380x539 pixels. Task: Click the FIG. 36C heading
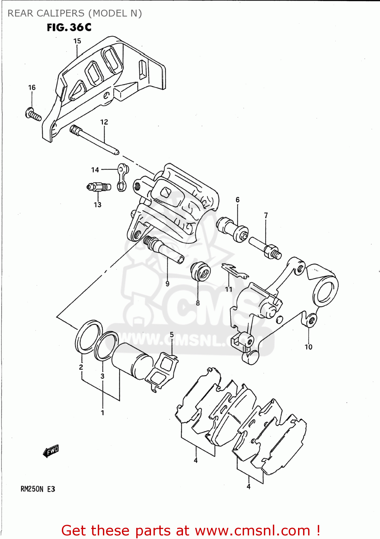tap(69, 27)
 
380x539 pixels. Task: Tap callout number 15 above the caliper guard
tap(77, 41)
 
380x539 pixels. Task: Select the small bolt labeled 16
tap(33, 115)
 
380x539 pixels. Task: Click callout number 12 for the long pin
tap(104, 122)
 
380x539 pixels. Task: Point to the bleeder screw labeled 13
tap(99, 187)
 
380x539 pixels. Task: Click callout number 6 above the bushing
tap(237, 200)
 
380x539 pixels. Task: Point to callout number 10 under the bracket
tap(308, 347)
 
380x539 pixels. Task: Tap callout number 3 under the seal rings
tap(102, 376)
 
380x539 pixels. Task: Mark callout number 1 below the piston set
tap(102, 413)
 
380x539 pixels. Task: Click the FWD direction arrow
tap(51, 451)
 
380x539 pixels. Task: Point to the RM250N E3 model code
tap(38, 489)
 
